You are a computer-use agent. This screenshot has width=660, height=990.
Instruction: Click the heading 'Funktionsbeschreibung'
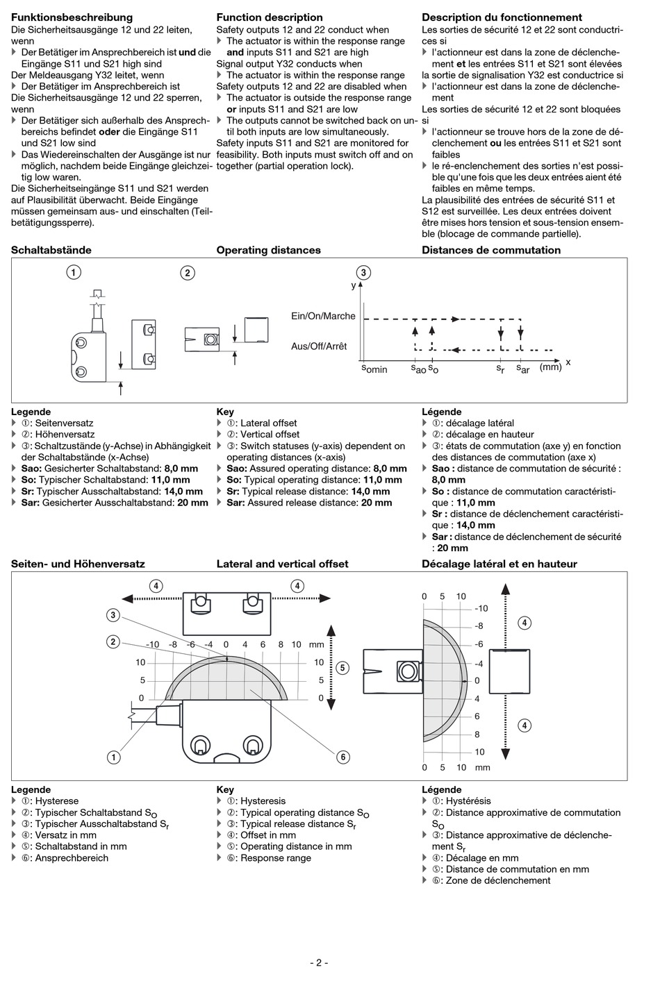tap(72, 17)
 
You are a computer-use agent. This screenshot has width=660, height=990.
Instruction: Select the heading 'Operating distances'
tap(268, 250)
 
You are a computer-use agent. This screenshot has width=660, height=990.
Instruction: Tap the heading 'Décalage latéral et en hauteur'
tap(499, 564)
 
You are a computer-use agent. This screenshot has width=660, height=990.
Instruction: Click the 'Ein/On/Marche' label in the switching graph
tap(323, 316)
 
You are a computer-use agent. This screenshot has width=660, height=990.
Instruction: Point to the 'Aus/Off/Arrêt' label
tap(319, 346)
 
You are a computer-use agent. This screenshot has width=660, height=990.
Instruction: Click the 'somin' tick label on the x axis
tap(374, 368)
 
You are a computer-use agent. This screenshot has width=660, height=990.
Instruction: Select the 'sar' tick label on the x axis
tap(522, 369)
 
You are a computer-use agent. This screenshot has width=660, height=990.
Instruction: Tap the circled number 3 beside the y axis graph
tap(363, 272)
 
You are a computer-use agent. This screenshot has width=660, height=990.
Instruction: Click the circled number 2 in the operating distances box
tap(188, 273)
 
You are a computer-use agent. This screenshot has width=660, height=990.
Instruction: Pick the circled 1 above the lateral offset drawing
tap(73, 272)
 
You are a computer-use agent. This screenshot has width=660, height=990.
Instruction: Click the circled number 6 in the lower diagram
tap(343, 757)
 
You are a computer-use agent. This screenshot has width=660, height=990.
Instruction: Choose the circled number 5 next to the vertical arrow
tap(342, 668)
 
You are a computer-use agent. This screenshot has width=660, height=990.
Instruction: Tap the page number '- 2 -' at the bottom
tap(319, 962)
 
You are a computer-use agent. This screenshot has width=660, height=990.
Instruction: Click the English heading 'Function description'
tap(270, 17)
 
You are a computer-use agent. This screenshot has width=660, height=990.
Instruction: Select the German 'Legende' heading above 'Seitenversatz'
tap(31, 412)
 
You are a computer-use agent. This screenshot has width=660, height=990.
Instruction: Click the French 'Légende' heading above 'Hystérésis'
tap(441, 789)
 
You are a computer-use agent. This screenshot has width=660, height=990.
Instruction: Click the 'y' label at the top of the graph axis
tap(354, 285)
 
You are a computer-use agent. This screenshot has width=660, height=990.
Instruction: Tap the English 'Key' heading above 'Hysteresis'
tap(225, 789)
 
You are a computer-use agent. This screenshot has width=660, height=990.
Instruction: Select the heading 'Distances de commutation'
tap(490, 250)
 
